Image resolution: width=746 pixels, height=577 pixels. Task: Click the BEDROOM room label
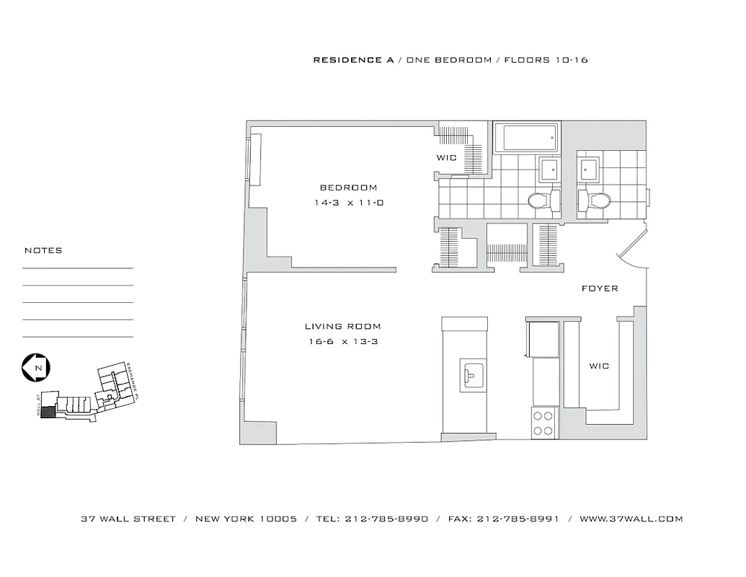[348, 188]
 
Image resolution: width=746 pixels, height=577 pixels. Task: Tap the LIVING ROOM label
[342, 327]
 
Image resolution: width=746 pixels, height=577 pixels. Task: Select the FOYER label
[600, 288]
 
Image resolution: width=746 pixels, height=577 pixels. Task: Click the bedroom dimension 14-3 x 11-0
[348, 203]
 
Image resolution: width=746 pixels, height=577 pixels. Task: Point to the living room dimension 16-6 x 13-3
[342, 342]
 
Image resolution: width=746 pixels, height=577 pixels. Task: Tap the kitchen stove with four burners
[545, 423]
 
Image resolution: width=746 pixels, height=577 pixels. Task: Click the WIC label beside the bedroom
[447, 158]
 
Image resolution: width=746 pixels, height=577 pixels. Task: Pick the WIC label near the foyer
[599, 366]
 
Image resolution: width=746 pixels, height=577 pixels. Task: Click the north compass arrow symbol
[35, 368]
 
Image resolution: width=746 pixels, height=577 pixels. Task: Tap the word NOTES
[43, 251]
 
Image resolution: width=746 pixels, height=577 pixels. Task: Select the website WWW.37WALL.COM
[631, 519]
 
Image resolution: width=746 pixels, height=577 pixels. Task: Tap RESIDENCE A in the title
[353, 60]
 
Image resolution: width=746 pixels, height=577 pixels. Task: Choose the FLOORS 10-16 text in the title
[546, 60]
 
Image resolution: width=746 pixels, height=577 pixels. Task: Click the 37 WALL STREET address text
[128, 519]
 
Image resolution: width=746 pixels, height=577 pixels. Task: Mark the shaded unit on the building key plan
[47, 413]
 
